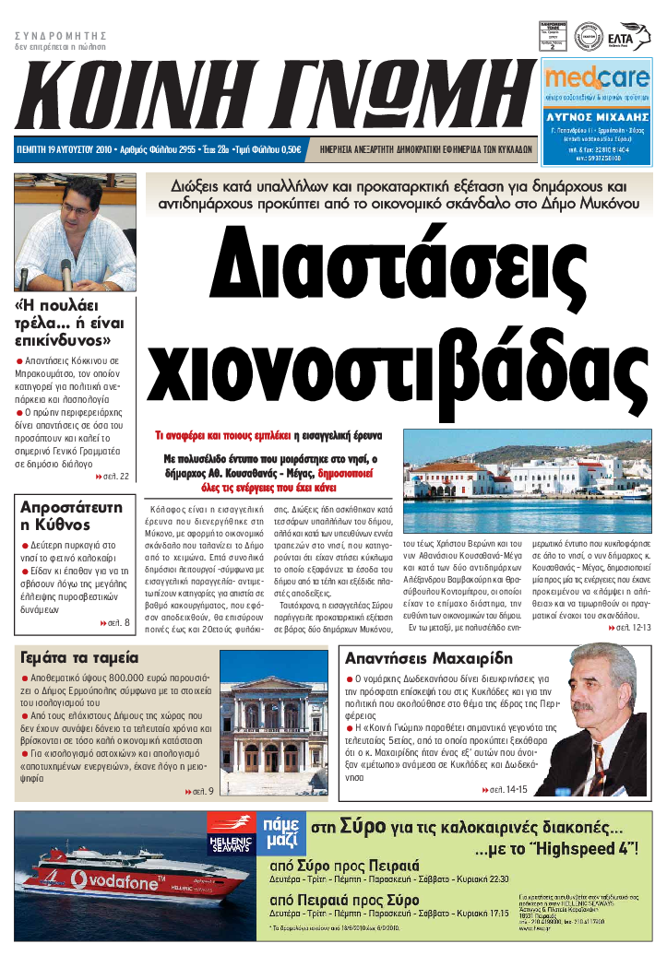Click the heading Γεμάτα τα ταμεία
coord(79,657)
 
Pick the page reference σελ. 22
coord(113,477)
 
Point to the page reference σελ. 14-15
coord(505,790)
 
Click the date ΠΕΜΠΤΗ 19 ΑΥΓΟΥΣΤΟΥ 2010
coord(67,149)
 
